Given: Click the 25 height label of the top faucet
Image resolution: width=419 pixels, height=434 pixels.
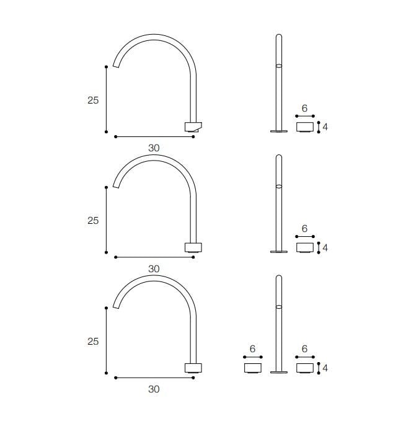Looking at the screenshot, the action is point(93,100).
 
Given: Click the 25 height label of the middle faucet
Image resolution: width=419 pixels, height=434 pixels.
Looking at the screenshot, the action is point(93,221).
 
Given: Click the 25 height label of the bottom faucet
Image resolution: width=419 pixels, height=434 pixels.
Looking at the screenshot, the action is point(93,341).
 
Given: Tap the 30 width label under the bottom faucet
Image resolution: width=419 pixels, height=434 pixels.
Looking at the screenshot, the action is point(154,389).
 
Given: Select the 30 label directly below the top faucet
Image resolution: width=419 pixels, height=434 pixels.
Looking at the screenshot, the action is point(154,148).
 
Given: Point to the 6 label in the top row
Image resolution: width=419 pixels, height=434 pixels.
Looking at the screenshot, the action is point(305,108).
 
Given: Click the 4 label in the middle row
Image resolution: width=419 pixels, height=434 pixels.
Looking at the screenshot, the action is point(325,247).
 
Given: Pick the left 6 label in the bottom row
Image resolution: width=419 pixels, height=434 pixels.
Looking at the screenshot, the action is point(252,348).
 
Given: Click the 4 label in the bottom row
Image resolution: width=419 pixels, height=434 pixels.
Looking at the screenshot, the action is point(325,368).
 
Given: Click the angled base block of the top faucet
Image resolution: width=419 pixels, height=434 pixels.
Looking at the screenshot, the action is point(193,126).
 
